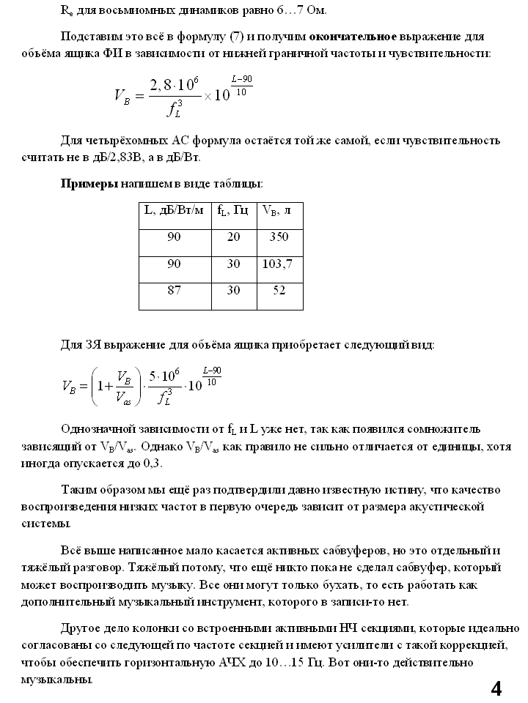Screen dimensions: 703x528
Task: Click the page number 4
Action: click(496, 688)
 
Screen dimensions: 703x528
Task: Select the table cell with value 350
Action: click(279, 237)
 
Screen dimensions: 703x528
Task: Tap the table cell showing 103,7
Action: click(279, 264)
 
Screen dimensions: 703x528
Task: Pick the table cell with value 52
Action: click(279, 290)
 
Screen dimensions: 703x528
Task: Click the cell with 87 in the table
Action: click(174, 290)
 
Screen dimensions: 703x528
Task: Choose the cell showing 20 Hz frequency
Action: click(233, 237)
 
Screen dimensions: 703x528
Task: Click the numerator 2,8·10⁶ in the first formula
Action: click(175, 85)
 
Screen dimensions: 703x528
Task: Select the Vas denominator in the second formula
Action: click(124, 400)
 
